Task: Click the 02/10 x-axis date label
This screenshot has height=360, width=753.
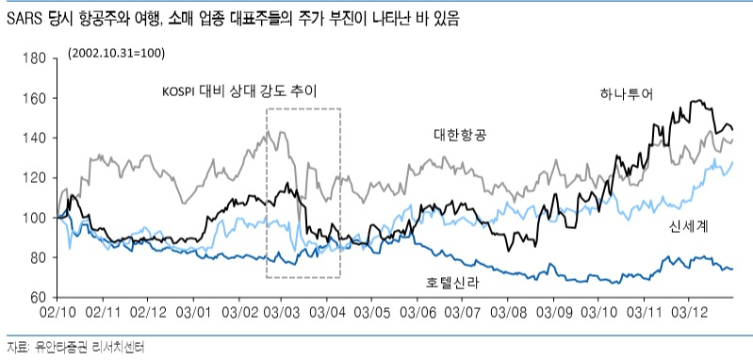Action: [57, 313]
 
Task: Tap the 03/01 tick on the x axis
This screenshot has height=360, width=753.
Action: [192, 313]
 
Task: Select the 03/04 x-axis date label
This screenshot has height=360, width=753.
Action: [328, 313]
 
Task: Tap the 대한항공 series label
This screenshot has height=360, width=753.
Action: [460, 136]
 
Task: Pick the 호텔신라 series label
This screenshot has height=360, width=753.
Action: [452, 283]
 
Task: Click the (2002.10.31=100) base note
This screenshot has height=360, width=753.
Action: [116, 53]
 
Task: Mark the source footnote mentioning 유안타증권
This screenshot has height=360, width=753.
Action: [75, 347]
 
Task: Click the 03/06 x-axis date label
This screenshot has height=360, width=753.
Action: [417, 313]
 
